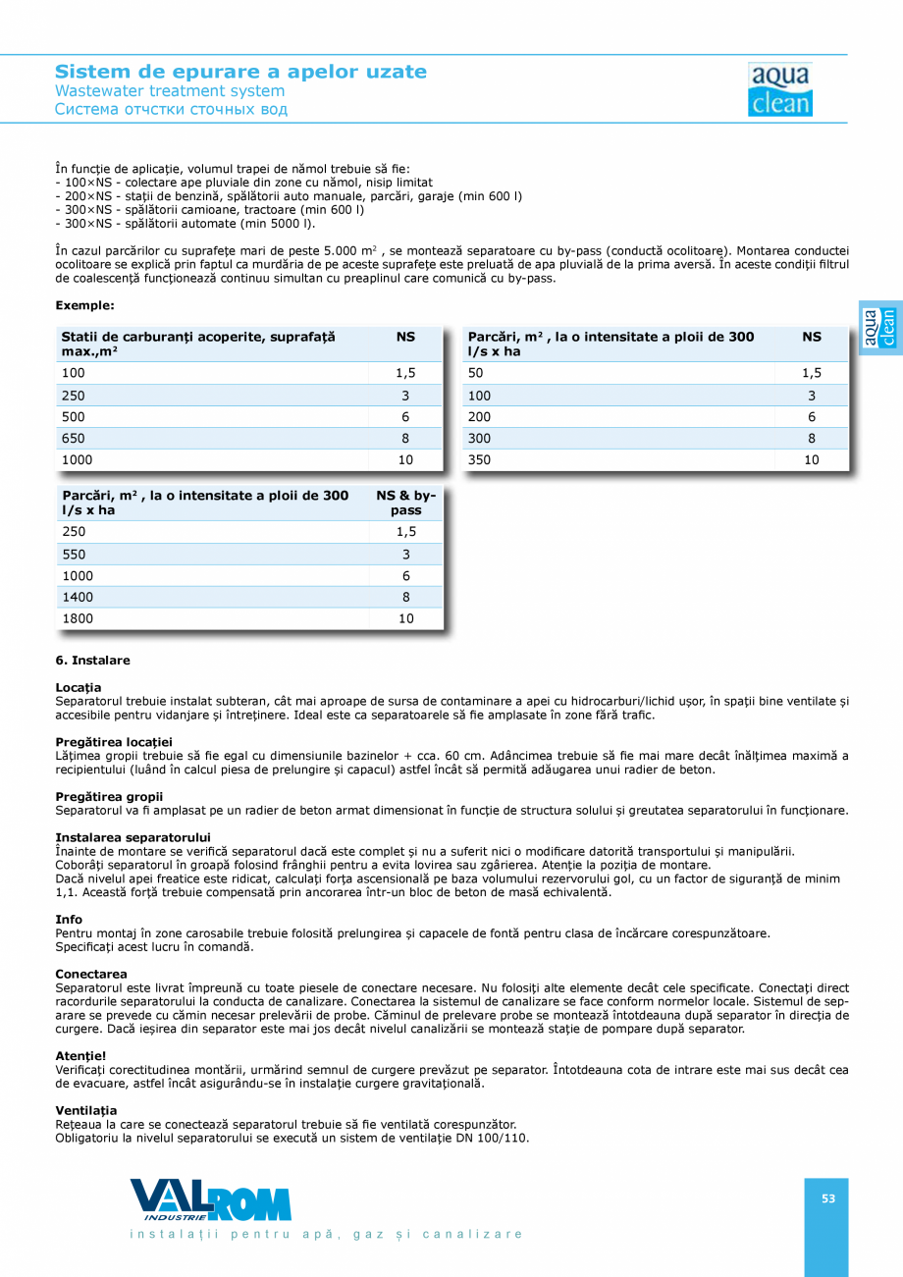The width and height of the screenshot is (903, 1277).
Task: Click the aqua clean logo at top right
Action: (780, 89)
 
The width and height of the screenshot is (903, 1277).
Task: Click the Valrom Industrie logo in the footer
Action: (211, 1199)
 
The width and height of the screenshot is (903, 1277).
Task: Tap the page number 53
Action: (828, 1197)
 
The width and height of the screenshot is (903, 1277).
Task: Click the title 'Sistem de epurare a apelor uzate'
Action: (240, 72)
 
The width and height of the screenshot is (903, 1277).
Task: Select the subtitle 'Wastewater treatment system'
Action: (170, 91)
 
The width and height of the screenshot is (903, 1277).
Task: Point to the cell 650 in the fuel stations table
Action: (74, 439)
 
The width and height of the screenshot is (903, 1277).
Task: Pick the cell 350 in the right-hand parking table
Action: (480, 459)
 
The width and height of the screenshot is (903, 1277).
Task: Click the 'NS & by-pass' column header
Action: (405, 503)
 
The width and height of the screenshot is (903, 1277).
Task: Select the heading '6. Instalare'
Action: (92, 661)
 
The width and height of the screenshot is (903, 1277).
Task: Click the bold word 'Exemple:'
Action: (84, 305)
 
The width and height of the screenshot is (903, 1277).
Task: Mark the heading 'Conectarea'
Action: (91, 974)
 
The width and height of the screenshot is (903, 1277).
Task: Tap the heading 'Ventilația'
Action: (86, 1110)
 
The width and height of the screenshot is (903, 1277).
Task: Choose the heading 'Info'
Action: (69, 919)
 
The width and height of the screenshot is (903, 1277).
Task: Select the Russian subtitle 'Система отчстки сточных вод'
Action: (171, 109)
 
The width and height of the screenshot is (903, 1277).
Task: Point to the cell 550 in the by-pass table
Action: (74, 555)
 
